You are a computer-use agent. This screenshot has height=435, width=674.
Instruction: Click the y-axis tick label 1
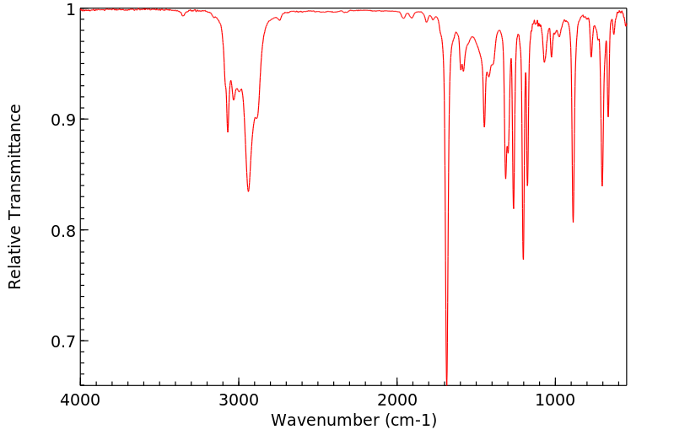click(69, 9)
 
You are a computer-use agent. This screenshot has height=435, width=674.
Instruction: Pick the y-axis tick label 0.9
click(62, 120)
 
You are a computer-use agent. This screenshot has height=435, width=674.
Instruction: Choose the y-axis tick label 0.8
click(62, 230)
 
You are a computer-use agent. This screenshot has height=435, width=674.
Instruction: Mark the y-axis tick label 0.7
click(62, 341)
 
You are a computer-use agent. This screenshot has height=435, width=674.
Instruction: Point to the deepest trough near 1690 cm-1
click(446, 382)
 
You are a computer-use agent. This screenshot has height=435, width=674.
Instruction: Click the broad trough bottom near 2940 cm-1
click(248, 191)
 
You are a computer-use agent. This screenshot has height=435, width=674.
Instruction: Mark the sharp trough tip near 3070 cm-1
click(228, 132)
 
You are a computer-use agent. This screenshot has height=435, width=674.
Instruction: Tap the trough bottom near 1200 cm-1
click(523, 259)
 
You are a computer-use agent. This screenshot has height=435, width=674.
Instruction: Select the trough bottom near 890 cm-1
click(573, 222)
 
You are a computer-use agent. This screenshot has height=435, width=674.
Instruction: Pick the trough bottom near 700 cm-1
click(602, 185)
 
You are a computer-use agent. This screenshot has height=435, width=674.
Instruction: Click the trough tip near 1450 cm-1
click(484, 126)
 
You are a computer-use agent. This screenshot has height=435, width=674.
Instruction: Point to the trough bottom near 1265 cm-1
click(514, 208)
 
